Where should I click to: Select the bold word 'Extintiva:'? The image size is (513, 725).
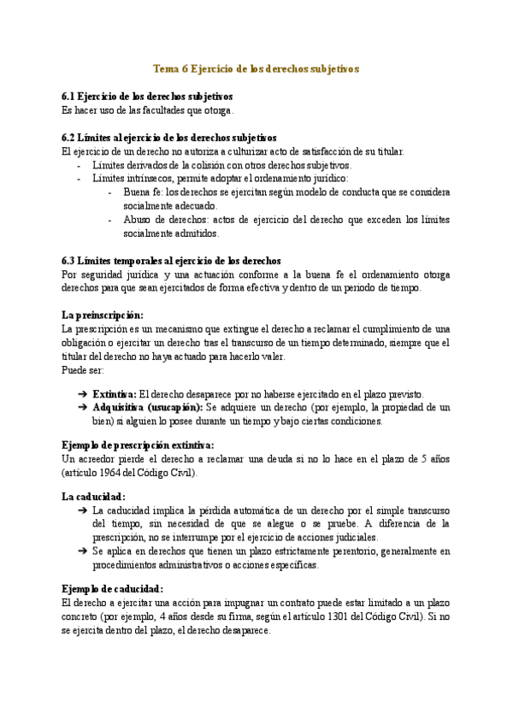[114, 394]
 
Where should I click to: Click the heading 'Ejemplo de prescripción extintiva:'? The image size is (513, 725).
[139, 445]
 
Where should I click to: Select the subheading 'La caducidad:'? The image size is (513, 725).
[94, 496]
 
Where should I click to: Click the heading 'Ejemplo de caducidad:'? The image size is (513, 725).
[113, 588]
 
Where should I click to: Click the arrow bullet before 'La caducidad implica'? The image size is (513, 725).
[82, 510]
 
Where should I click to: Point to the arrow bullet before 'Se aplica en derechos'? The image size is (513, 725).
[82, 551]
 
